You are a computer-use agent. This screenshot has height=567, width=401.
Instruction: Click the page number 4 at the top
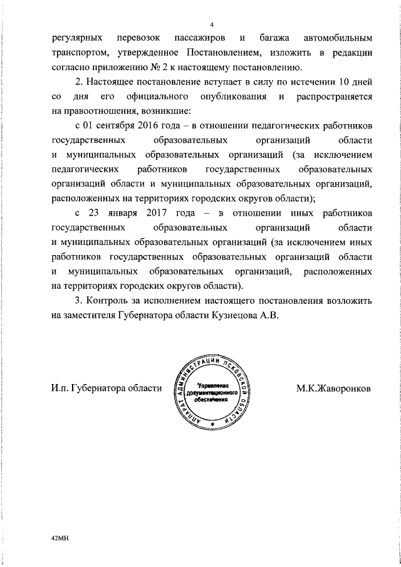212,24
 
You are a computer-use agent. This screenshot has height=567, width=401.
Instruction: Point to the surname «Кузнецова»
233,315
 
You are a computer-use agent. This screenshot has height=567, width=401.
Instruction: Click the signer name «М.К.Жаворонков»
334,388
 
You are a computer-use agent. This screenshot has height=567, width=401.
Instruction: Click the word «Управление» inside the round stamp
213,383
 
